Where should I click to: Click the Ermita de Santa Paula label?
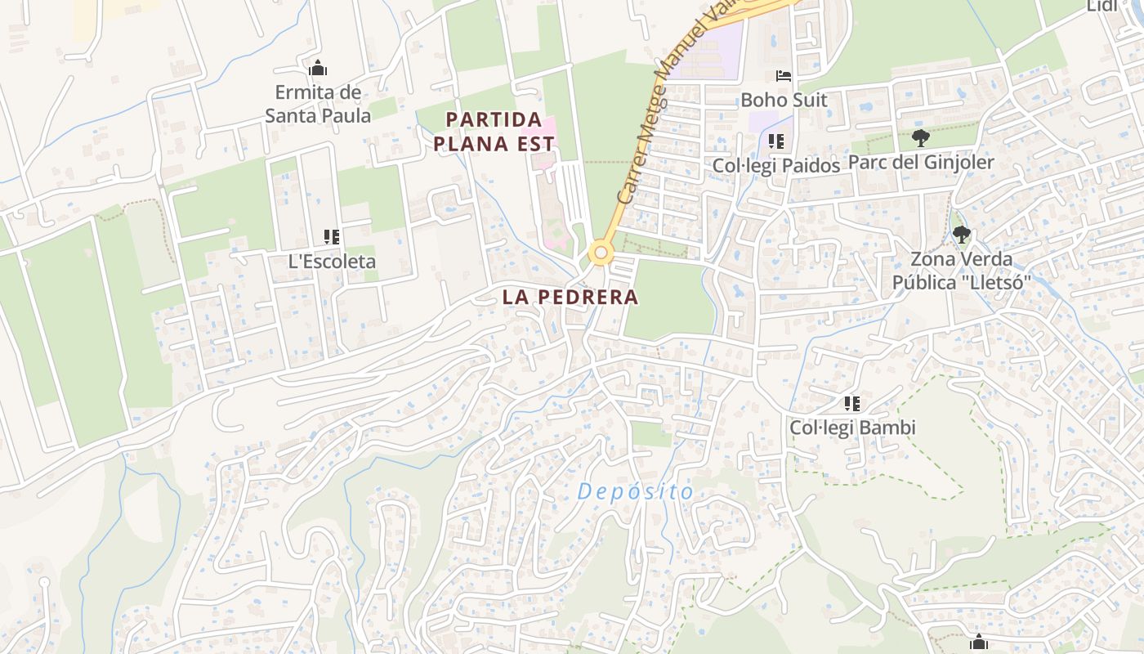[318, 104]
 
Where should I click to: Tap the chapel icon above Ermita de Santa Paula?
[318, 68]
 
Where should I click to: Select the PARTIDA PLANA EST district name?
[494, 132]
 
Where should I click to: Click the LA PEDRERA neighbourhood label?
[570, 297]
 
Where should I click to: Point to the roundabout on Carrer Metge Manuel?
[601, 253]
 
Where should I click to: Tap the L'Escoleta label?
[332, 262]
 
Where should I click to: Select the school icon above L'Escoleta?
[331, 237]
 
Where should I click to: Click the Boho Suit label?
[784, 100]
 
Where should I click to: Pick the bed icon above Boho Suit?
[784, 76]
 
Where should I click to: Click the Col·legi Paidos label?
[775, 165]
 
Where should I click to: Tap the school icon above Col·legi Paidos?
[776, 141]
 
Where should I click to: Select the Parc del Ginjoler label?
[921, 162]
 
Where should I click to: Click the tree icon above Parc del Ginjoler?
[921, 137]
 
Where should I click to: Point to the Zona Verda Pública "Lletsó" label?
[961, 271]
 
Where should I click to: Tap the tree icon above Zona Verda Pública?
[962, 235]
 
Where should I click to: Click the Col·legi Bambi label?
[852, 428]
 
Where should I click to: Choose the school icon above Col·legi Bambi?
[852, 403]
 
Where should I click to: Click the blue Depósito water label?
[635, 492]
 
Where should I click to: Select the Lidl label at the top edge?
[1102, 7]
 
